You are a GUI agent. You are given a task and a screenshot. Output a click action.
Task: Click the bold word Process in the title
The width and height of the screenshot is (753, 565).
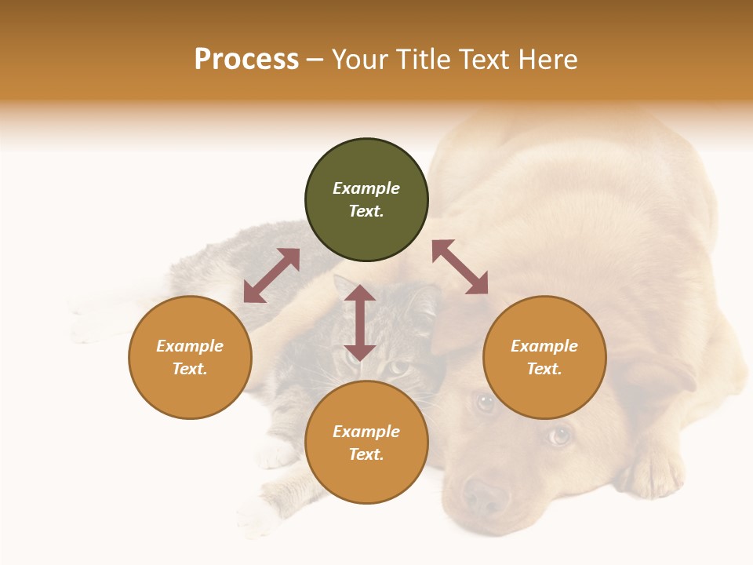pos(246,60)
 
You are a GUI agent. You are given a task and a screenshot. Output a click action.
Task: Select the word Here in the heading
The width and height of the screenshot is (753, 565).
pos(548,60)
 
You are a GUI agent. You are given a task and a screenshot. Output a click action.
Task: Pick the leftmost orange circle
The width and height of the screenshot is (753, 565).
pos(190,357)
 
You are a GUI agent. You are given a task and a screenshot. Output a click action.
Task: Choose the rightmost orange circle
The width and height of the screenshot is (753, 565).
pos(544,357)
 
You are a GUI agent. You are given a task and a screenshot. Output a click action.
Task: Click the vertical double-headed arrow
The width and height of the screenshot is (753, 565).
pos(360,323)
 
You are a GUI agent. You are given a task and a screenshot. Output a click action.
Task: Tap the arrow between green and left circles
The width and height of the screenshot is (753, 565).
pos(271,275)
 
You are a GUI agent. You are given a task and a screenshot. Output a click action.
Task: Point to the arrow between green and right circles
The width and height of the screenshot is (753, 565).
pos(460,267)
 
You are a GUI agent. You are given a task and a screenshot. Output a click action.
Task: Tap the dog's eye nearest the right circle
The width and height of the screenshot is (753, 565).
pos(486,403)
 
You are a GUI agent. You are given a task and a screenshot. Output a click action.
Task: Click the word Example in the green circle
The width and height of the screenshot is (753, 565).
pos(366,188)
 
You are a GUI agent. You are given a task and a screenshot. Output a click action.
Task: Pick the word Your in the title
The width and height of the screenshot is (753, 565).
pos(359,60)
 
